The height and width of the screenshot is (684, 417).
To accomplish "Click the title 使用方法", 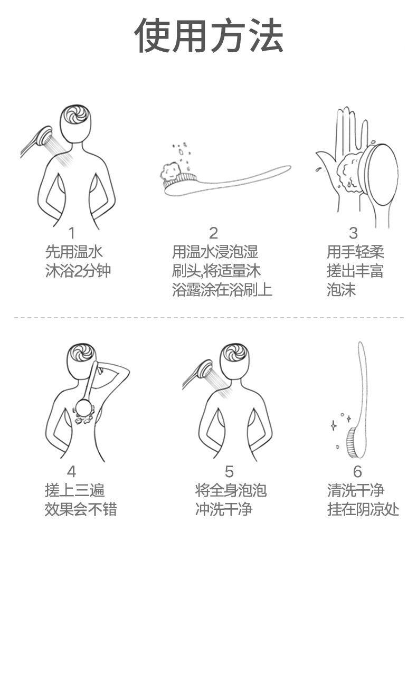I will tap(209, 36).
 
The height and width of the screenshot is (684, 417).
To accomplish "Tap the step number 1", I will tap(72, 233).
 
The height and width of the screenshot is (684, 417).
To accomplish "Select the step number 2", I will tap(213, 233).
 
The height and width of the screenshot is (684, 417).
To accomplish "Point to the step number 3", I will tap(353, 233).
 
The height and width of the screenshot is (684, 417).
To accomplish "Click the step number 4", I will tap(72, 471).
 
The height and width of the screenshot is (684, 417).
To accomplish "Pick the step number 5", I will tap(229, 471).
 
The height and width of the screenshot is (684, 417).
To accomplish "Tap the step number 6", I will tap(357, 471).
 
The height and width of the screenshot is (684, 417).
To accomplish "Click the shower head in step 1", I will tap(42, 137).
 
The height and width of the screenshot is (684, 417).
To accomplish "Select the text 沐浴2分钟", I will tap(78, 271).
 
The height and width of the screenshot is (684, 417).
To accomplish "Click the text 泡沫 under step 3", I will tap(341, 290).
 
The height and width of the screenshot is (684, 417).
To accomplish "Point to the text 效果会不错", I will tap(81, 509).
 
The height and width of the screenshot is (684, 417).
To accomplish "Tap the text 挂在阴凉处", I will tap(363, 509).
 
